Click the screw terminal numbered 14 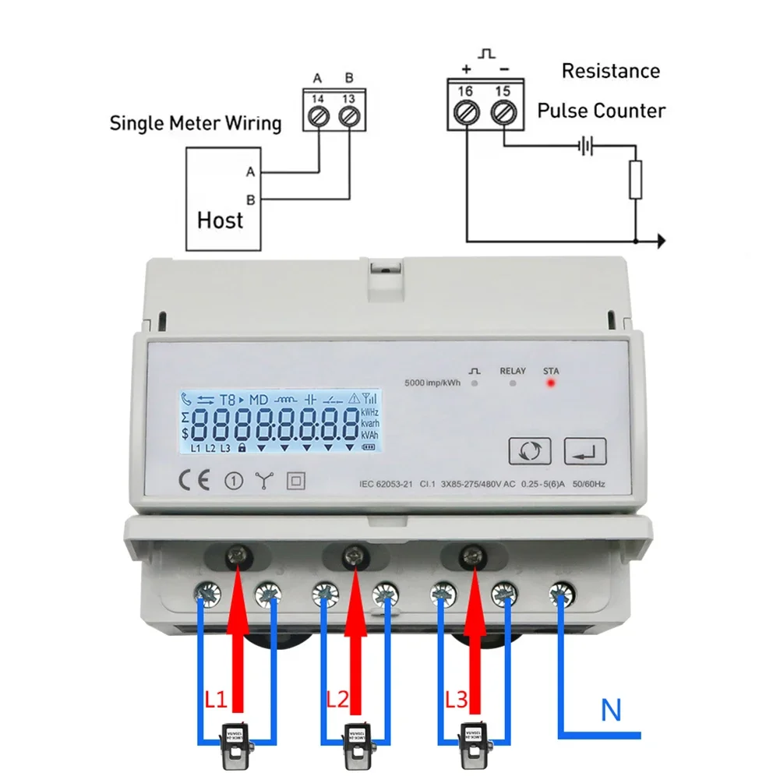pyautogui.click(x=318, y=116)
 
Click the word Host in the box pyautogui.click(x=221, y=221)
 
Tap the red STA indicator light pyautogui.click(x=551, y=384)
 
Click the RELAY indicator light pyautogui.click(x=512, y=384)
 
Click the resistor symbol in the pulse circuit pyautogui.click(x=636, y=179)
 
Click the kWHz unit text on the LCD pyautogui.click(x=370, y=411)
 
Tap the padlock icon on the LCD pyautogui.click(x=242, y=448)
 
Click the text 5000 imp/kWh pyautogui.click(x=432, y=383)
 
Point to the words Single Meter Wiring pyautogui.click(x=195, y=123)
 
